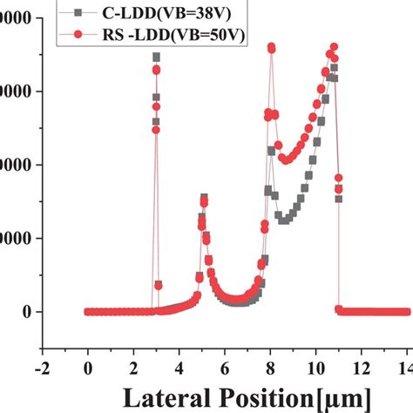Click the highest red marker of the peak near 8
[271, 47]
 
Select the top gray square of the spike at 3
[157, 58]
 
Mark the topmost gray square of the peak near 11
[334, 68]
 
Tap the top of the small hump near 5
[204, 198]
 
